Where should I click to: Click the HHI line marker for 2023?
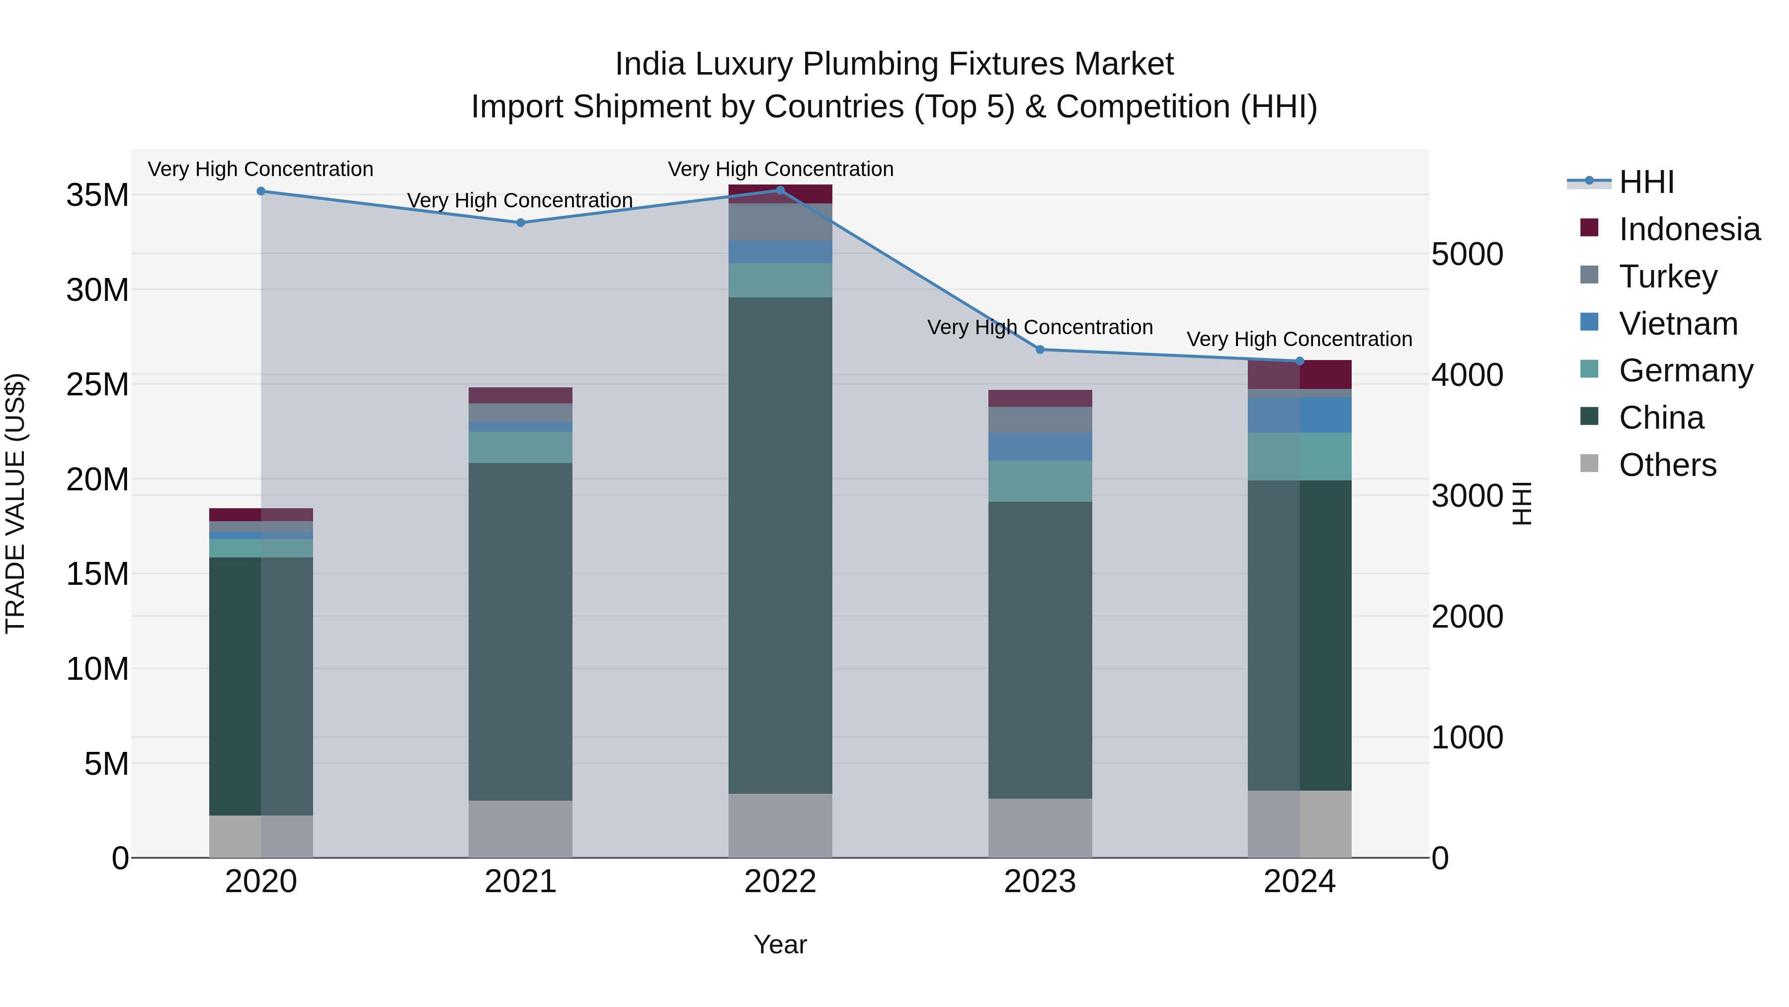tap(1040, 350)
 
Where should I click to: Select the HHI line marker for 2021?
tap(520, 222)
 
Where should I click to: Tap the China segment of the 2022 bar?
tap(780, 546)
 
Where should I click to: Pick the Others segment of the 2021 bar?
tap(520, 828)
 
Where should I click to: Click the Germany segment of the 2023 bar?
tap(1040, 481)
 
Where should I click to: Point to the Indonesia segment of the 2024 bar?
tap(1300, 374)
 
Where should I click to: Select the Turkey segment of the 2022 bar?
tap(780, 222)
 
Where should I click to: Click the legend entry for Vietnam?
tap(1678, 324)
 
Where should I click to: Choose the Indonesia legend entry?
tap(1689, 229)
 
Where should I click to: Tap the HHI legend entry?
tap(1646, 182)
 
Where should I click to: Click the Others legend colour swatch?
tap(1589, 463)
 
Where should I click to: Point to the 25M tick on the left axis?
tap(98, 384)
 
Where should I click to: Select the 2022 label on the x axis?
tap(780, 882)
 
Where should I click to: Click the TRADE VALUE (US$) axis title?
tap(15, 503)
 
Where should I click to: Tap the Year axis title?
tap(780, 944)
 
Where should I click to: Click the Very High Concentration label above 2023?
tap(1040, 327)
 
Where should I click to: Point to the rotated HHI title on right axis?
tap(1521, 503)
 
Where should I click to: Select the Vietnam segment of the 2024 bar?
tap(1300, 415)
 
